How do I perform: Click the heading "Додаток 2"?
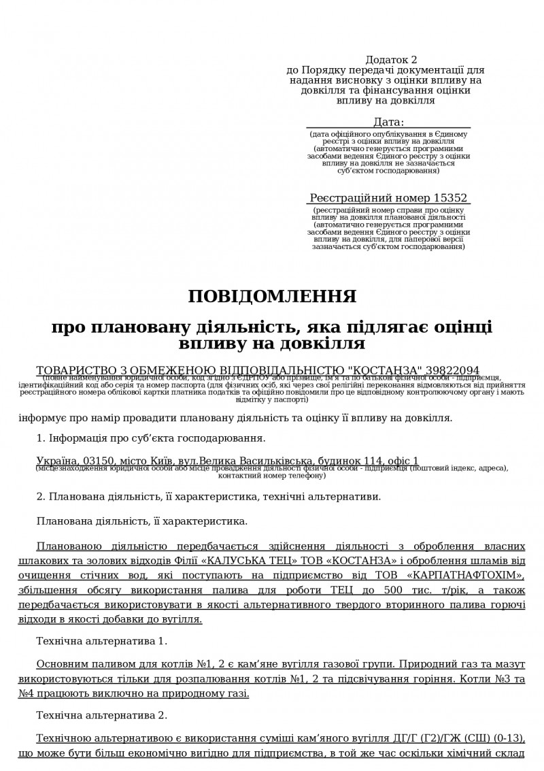[391, 61]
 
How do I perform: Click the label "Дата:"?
[388, 122]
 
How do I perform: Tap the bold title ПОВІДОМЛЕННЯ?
[272, 297]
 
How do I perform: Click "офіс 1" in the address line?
[403, 461]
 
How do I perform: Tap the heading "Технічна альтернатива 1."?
[101, 640]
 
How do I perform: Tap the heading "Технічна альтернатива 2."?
[101, 715]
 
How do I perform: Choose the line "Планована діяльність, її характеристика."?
[142, 522]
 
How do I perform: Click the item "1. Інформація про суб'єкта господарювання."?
[150, 438]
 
